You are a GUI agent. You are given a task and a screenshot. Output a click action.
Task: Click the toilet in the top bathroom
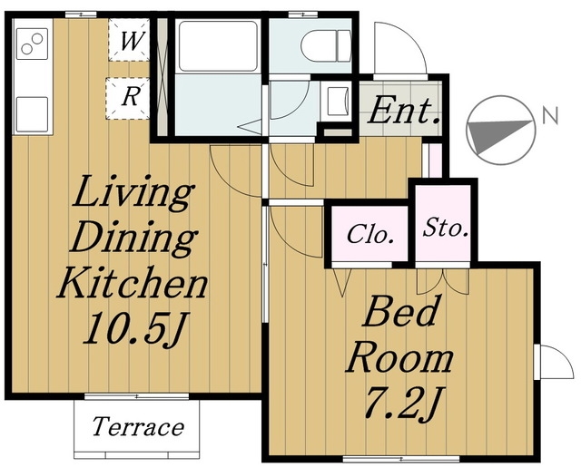(326, 45)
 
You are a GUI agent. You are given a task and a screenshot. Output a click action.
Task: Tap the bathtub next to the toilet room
(218, 46)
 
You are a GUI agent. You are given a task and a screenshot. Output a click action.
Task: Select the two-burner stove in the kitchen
(32, 44)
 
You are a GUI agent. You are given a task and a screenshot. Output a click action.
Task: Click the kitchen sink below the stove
(32, 114)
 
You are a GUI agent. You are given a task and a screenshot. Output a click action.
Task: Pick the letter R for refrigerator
(131, 97)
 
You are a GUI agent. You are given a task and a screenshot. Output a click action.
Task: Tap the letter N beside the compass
(550, 116)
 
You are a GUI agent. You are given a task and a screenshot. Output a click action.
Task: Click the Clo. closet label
(370, 234)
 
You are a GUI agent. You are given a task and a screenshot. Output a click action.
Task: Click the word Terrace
(138, 426)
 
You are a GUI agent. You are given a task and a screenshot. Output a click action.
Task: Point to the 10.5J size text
(136, 329)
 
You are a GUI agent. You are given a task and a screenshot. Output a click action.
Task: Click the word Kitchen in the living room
(133, 283)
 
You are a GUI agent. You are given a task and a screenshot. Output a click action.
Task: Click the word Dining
(134, 238)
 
